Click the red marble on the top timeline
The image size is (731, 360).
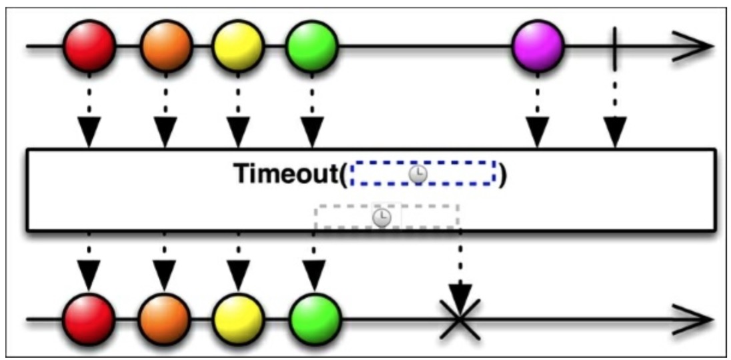click(x=90, y=46)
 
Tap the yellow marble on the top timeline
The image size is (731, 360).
click(x=238, y=46)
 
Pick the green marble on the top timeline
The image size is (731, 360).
click(x=311, y=46)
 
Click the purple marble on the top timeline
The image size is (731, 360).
click(x=538, y=46)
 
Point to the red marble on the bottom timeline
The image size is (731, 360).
click(x=89, y=319)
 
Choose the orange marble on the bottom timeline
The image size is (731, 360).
click(x=165, y=319)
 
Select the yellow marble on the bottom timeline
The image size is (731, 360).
click(x=238, y=319)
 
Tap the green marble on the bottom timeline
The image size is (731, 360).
click(x=315, y=319)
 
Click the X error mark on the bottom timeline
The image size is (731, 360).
click(x=459, y=319)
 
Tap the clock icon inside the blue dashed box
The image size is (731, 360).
click(x=418, y=174)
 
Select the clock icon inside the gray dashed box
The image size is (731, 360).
click(x=382, y=217)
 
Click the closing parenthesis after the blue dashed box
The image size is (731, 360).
click(x=503, y=175)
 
